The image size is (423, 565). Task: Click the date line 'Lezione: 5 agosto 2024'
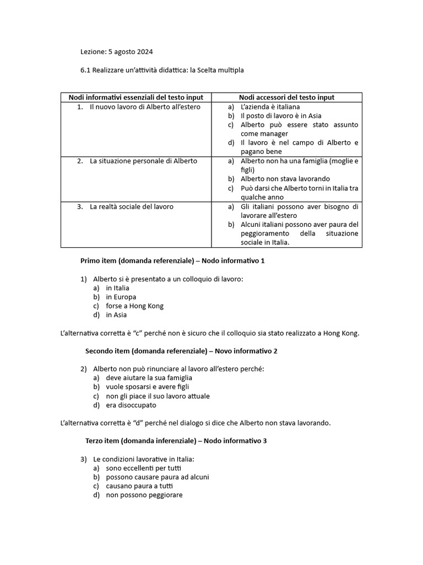tap(116, 52)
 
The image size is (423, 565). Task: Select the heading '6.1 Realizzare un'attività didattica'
tap(162, 70)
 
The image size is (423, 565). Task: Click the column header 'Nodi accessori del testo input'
tap(286, 97)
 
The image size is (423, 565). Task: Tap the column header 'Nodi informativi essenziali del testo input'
tap(136, 97)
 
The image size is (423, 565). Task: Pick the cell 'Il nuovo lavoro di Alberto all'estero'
tap(145, 106)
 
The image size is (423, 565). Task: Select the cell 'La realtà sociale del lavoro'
tap(131, 206)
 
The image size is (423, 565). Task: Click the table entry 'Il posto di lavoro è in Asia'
tap(281, 116)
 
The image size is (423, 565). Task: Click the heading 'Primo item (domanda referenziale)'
tap(172, 260)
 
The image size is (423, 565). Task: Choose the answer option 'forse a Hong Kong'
tap(134, 306)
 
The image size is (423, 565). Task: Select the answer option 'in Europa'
tap(121, 297)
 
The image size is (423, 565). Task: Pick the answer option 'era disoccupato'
tap(131, 405)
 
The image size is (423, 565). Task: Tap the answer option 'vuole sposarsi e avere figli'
tap(149, 387)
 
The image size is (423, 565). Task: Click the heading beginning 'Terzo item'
tap(176, 440)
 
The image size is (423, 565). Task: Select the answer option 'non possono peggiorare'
tap(144, 495)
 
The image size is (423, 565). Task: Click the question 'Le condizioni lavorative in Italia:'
tap(143, 459)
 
